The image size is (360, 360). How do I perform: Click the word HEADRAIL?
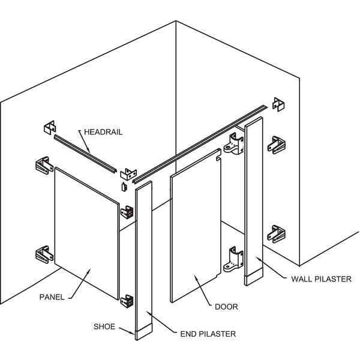pyautogui.click(x=104, y=131)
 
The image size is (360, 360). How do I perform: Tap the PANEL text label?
pyautogui.click(x=52, y=296)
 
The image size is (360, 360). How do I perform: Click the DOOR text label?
pyautogui.click(x=226, y=307)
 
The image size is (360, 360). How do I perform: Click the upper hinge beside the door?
pyautogui.click(x=234, y=144)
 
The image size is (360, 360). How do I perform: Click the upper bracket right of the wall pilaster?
pyautogui.click(x=275, y=145)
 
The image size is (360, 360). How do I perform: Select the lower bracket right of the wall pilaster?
pyautogui.click(x=275, y=233)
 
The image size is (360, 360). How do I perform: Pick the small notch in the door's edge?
pyautogui.click(x=218, y=160)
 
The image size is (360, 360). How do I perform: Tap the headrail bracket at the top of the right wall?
pyautogui.click(x=278, y=104)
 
